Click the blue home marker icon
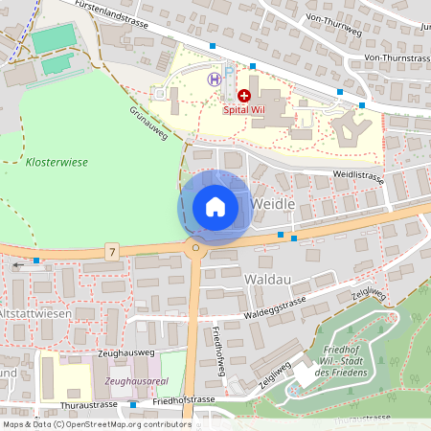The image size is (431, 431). click(215, 207)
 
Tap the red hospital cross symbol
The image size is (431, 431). click(244, 96)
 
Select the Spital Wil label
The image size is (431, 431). click(243, 109)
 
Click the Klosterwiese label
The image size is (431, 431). click(57, 163)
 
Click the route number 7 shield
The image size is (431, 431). click(113, 252)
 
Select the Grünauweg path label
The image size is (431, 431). click(148, 125)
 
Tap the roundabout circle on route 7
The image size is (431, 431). click(195, 248)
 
